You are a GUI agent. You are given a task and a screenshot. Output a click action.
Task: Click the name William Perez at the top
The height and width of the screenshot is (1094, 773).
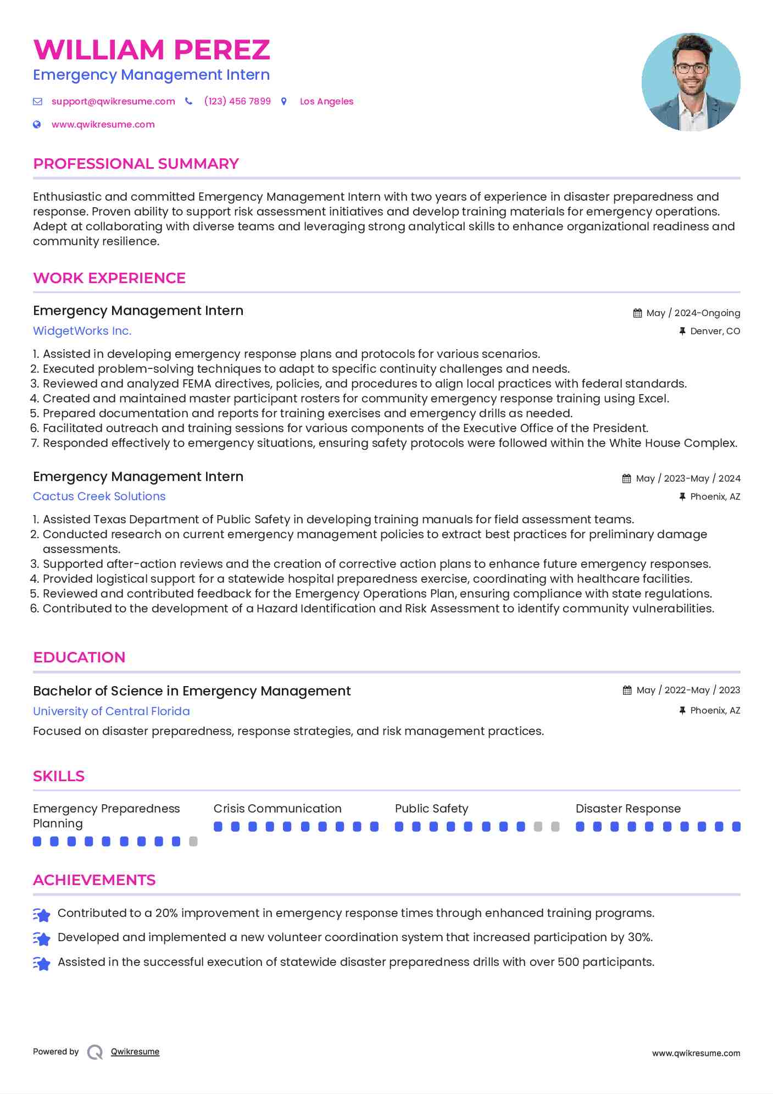tap(152, 50)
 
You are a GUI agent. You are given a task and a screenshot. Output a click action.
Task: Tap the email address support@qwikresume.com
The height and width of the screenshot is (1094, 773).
tap(113, 101)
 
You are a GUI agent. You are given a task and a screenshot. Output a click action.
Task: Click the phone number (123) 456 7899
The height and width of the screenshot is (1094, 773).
tap(237, 101)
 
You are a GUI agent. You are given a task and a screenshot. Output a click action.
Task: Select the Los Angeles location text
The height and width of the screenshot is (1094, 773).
tap(326, 101)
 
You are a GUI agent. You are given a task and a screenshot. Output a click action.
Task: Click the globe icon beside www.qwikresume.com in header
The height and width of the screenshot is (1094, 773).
tap(37, 124)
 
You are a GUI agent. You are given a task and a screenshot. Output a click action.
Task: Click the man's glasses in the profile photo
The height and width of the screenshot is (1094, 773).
tap(691, 69)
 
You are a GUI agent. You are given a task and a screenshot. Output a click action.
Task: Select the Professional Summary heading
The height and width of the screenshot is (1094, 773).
tap(136, 164)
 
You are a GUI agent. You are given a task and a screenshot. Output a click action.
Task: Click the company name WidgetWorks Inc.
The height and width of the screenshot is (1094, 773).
tap(82, 331)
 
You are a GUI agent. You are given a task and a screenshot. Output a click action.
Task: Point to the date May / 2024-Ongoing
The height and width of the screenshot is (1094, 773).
tap(693, 313)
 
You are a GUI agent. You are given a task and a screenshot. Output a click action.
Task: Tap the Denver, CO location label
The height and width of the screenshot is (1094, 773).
tap(715, 331)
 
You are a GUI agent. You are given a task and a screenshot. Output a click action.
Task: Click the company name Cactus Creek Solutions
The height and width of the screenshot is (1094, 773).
tap(99, 496)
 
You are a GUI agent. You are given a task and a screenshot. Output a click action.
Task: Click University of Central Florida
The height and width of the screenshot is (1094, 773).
tap(111, 711)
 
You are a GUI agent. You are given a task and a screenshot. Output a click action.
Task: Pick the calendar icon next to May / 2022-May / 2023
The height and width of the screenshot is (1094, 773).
tap(627, 690)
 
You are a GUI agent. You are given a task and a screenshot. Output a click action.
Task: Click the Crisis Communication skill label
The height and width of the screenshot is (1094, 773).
tap(277, 809)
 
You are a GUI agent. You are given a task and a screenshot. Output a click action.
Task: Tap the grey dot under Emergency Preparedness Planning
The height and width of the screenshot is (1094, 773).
tap(193, 842)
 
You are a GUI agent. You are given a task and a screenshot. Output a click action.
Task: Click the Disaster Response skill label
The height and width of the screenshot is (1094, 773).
tap(628, 809)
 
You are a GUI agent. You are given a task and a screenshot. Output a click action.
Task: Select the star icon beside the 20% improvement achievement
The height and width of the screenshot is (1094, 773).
tap(42, 914)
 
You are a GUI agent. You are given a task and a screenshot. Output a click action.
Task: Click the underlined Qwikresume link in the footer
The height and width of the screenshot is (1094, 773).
tap(135, 1052)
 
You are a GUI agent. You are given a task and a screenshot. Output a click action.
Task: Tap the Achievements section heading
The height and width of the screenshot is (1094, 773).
tap(94, 880)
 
